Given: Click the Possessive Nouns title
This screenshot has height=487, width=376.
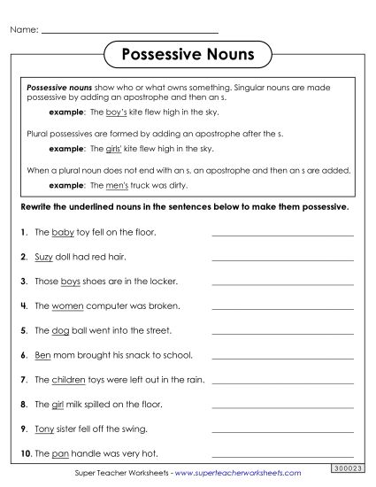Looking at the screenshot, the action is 187,54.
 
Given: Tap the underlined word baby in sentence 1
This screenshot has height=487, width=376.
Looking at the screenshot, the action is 62,232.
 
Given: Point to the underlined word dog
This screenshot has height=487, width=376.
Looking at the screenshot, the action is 60,331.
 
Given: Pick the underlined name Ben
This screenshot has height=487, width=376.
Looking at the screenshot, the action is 42,356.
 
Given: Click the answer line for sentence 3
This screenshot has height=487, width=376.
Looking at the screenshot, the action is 282,285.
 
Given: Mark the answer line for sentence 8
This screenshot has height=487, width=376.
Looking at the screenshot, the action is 282,409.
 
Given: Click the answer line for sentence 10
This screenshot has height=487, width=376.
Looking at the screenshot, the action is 282,459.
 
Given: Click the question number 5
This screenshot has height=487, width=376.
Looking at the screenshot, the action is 21,331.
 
